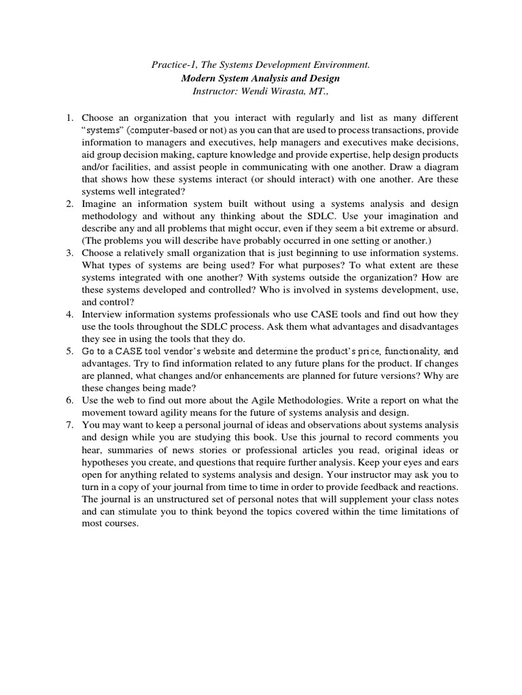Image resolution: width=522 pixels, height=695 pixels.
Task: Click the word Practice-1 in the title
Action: [172, 65]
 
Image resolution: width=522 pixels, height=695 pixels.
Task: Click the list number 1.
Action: [69, 117]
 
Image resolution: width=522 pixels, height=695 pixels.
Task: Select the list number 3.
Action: [69, 252]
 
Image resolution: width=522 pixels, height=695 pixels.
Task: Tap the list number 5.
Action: [69, 351]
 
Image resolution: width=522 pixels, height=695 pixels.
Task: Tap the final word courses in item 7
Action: [120, 524]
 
